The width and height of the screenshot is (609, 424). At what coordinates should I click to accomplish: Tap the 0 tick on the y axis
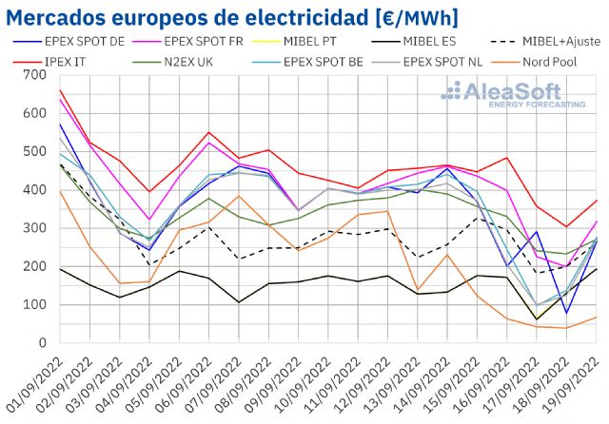click(42, 343)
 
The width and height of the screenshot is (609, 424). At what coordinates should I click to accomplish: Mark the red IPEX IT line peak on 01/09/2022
click(60, 90)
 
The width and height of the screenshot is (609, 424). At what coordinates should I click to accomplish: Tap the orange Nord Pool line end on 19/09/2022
click(597, 318)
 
